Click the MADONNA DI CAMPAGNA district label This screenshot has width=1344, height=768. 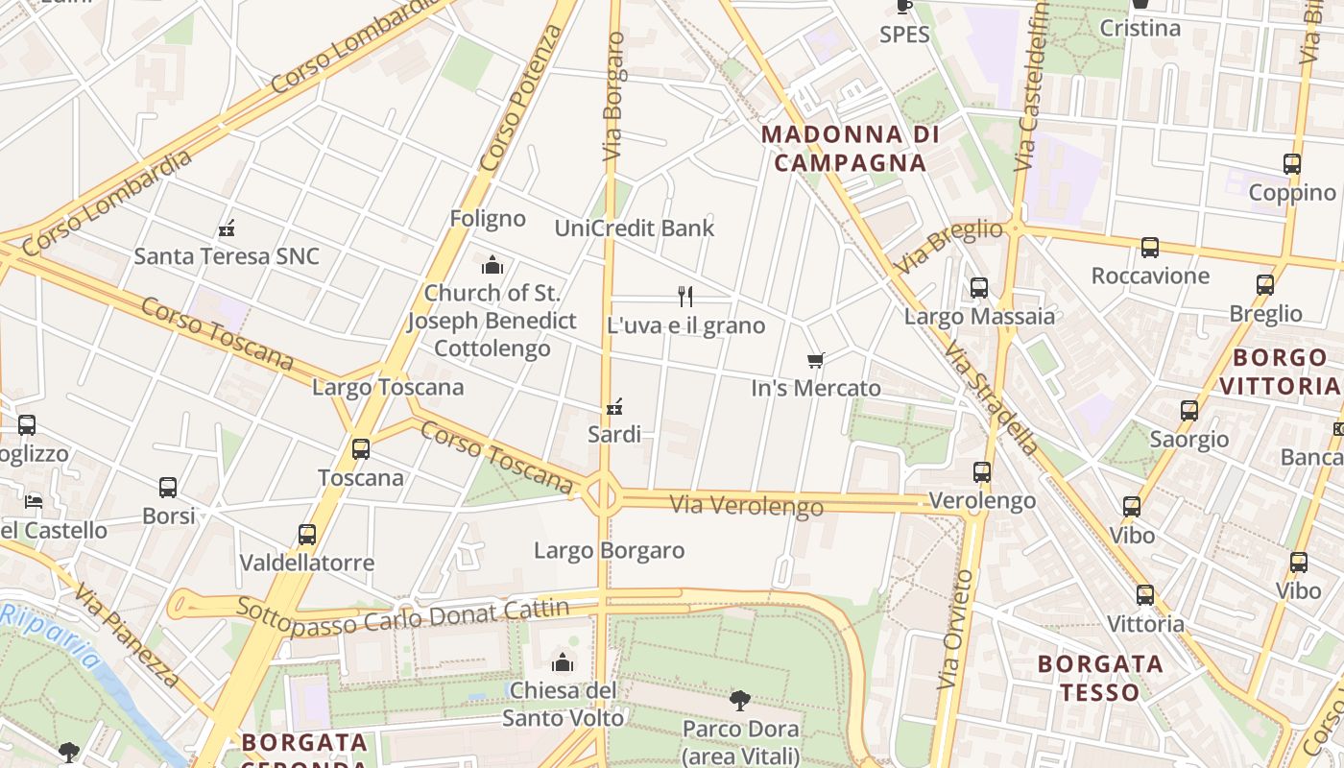[x=851, y=148]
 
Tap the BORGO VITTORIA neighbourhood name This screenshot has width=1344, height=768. [x=1285, y=372]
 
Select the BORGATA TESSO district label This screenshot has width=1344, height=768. [x=1100, y=678]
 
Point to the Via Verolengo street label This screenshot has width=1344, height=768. [x=746, y=504]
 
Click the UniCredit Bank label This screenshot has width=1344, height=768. [x=635, y=228]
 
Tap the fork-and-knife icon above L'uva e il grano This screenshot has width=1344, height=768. [x=685, y=297]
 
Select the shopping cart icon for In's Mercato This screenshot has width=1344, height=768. [x=816, y=361]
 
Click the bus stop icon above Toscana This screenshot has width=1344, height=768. [x=361, y=449]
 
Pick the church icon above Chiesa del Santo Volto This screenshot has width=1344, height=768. [x=563, y=662]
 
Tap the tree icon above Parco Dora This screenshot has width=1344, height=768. [x=739, y=701]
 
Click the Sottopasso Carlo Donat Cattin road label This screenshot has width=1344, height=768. [x=402, y=614]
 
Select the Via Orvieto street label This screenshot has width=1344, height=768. [x=955, y=629]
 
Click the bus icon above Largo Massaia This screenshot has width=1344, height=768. [x=979, y=288]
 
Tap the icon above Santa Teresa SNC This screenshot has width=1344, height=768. [x=227, y=228]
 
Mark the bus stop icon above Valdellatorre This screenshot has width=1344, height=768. [x=307, y=535]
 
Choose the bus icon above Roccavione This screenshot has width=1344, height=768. [x=1150, y=248]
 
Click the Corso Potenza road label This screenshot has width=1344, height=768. [x=522, y=98]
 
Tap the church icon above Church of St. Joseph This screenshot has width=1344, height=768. [x=492, y=265]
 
